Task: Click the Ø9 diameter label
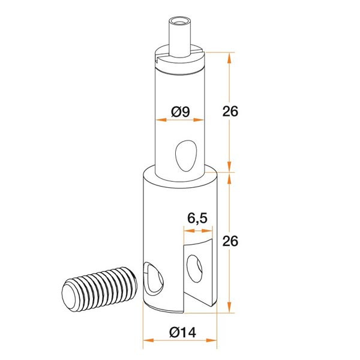click(181, 112)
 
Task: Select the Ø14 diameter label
click(183, 332)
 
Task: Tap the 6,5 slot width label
click(197, 218)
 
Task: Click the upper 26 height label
click(230, 112)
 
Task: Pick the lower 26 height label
click(230, 241)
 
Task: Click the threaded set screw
click(100, 289)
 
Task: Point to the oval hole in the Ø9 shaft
click(186, 156)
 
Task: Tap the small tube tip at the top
click(180, 35)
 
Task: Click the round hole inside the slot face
click(194, 268)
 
